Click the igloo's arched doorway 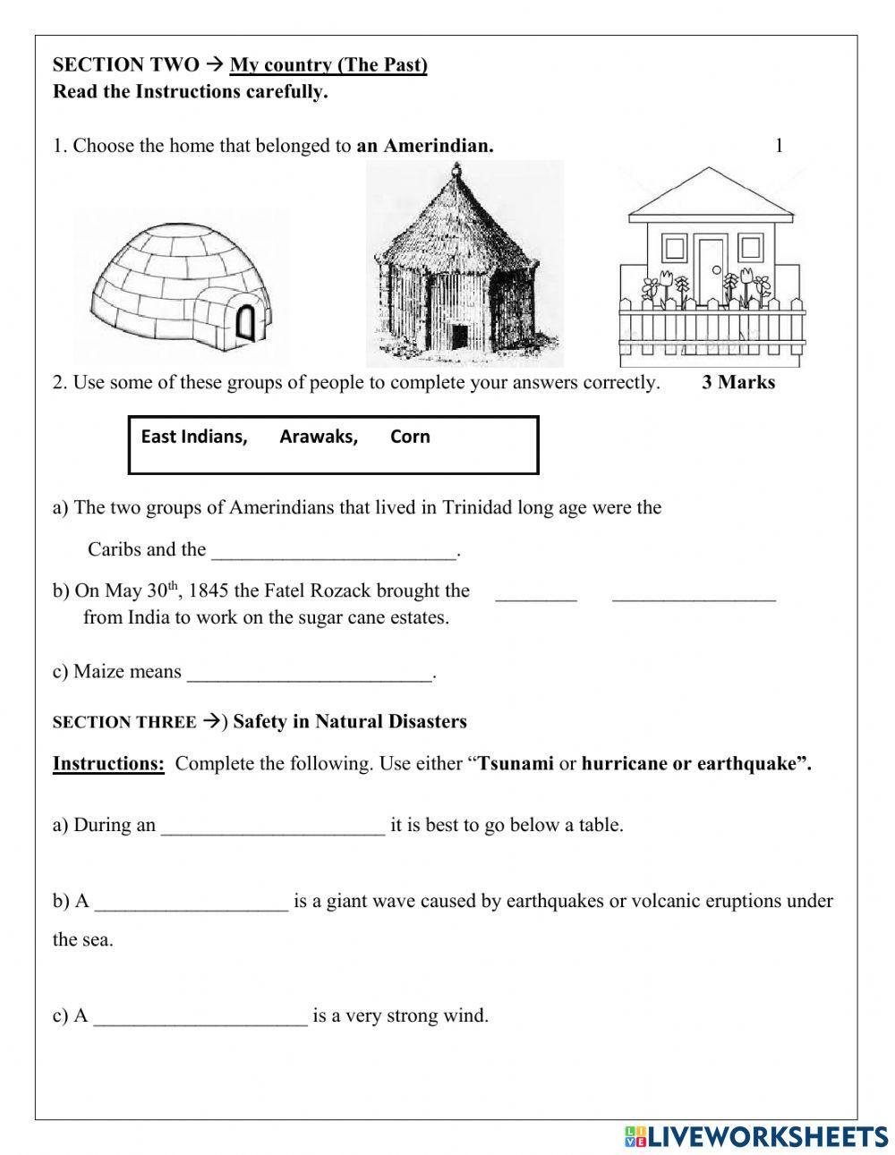tap(245, 321)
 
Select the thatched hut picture tap(465, 264)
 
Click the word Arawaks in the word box tap(318, 437)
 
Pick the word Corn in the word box tap(410, 437)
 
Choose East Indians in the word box tap(194, 437)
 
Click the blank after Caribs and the tap(334, 550)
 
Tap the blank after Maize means tap(310, 673)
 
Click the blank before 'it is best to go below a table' tap(273, 826)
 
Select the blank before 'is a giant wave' tap(192, 902)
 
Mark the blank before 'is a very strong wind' tap(200, 1016)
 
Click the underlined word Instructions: tap(108, 764)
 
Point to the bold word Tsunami tap(516, 764)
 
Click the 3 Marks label tap(738, 383)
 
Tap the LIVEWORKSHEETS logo tap(755, 1135)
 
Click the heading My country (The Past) tap(328, 64)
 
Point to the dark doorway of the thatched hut tap(460, 338)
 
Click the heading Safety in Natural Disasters tap(350, 722)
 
